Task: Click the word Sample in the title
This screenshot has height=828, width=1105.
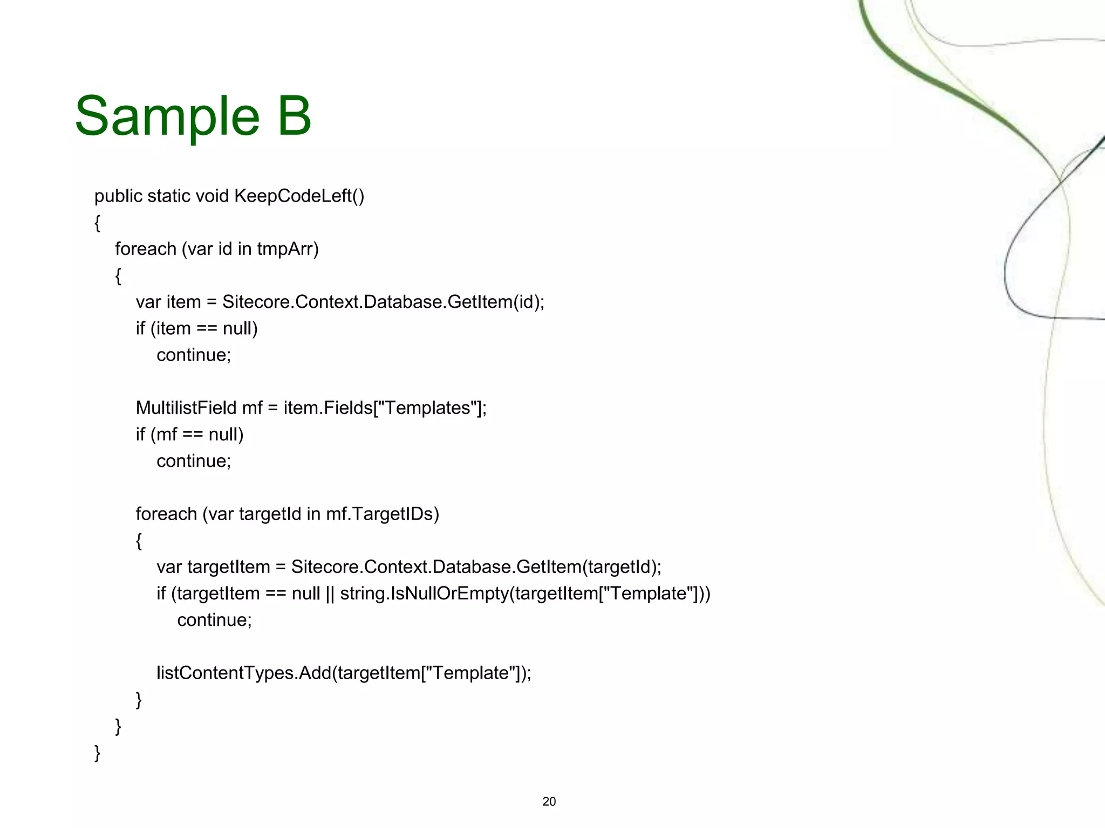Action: coord(167,116)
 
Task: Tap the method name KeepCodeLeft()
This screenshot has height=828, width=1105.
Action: coord(299,196)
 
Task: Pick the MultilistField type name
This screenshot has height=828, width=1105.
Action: coord(186,408)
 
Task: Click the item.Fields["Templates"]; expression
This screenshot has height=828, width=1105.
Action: coord(385,408)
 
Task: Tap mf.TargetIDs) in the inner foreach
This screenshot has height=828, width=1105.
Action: coord(383,514)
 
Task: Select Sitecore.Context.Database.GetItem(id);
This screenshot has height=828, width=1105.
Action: coord(383,302)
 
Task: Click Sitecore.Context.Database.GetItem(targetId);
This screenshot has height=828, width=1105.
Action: coord(476,567)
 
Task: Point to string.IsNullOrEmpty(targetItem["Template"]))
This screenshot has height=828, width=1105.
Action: coord(525,594)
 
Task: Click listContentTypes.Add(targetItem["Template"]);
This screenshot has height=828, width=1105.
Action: coord(344,673)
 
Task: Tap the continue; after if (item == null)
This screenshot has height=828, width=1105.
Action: coord(194,355)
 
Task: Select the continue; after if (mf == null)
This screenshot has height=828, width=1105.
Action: coord(194,461)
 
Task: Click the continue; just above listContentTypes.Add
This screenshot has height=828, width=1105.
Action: coord(214,620)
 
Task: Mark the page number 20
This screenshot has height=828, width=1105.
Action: coord(549,802)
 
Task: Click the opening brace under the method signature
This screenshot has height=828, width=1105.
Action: coord(97,223)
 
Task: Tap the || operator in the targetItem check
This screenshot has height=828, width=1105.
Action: coord(330,594)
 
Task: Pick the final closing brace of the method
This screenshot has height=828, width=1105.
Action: coord(97,753)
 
